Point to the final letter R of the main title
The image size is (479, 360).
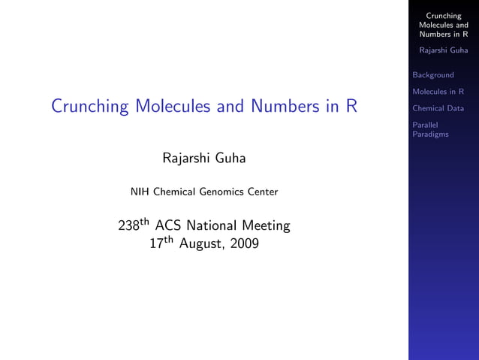point(351,106)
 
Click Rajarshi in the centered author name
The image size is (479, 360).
point(187,159)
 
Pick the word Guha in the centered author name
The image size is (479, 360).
point(230,159)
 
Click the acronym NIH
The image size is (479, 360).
point(140,192)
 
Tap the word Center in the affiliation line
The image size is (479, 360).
point(262,192)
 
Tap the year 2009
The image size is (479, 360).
point(242,244)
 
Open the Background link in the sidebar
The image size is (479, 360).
point(433,75)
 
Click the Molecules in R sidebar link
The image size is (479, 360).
point(438,92)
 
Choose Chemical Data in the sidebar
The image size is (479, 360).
point(438,108)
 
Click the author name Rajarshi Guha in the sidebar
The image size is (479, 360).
point(443,50)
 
